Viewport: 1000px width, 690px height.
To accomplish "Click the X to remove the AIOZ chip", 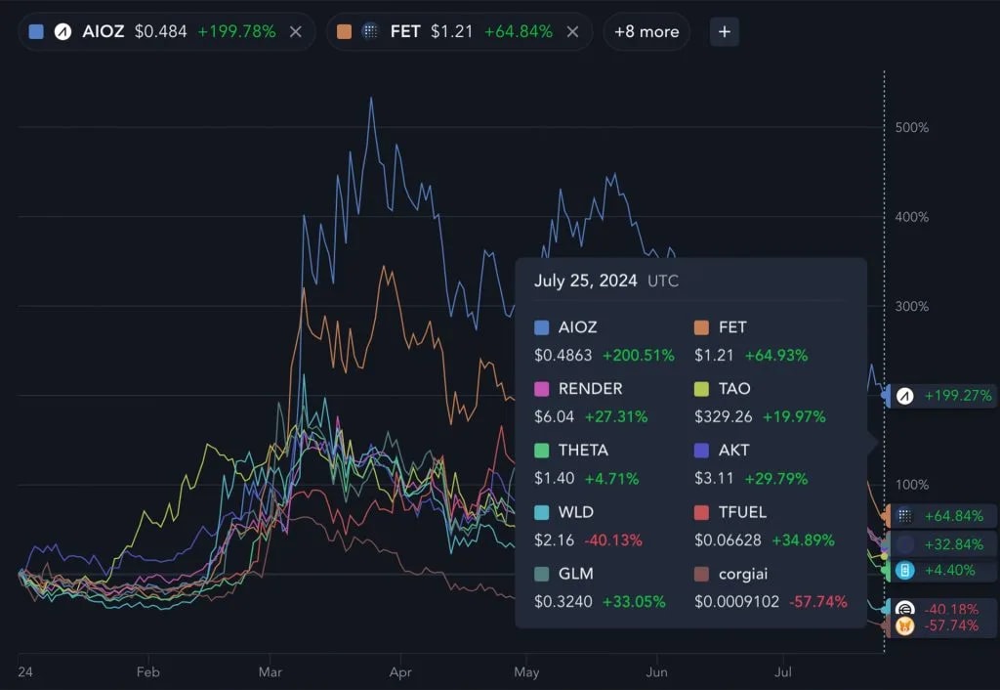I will (x=295, y=32).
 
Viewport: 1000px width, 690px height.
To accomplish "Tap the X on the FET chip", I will (x=573, y=32).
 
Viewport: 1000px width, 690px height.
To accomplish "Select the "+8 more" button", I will (x=646, y=32).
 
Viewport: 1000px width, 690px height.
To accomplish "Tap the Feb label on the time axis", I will (x=147, y=672).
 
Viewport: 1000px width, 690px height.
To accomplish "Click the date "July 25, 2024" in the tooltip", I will (x=585, y=281).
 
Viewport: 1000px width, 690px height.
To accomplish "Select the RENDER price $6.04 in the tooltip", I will (x=555, y=416).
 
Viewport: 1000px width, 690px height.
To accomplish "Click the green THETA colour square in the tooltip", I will (x=542, y=451).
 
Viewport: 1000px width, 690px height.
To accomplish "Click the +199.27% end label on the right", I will (x=956, y=396).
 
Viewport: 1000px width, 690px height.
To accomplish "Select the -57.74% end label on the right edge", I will (x=950, y=625).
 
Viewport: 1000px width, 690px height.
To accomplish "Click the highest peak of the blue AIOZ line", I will (x=371, y=98).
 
